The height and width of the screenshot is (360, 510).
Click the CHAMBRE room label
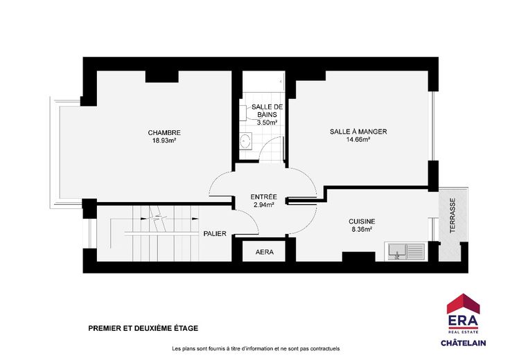164,132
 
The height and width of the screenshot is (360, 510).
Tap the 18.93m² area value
164,141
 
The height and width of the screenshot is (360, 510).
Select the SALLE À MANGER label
358,132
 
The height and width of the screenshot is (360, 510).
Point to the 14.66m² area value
358,140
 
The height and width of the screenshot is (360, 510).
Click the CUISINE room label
362,222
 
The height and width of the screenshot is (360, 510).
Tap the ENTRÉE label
264,197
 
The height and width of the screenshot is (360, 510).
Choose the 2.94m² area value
264,205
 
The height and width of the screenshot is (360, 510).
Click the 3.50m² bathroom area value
267,123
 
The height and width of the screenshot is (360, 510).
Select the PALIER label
215,233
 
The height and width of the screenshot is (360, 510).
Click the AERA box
264,251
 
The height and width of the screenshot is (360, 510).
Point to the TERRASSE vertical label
452,216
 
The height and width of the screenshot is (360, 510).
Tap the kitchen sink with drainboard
405,251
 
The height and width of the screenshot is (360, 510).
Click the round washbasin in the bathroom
245,141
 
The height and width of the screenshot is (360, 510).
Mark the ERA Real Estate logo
463,314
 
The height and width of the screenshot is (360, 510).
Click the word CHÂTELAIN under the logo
463,343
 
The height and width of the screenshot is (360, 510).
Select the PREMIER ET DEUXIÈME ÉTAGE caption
143,328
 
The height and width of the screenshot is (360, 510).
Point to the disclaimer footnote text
256,349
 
